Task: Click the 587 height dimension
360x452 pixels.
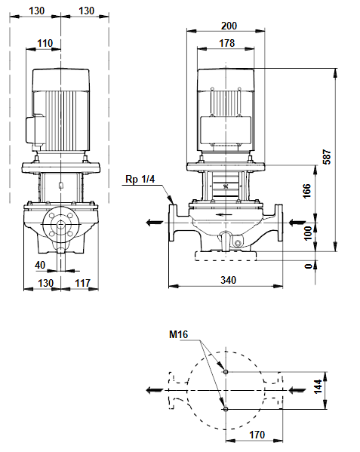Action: coord(327,157)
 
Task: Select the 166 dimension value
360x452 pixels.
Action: coord(307,191)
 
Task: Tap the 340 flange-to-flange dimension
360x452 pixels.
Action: coord(228,280)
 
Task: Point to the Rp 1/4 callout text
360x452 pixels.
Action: coord(140,179)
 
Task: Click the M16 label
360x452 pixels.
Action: coord(178,334)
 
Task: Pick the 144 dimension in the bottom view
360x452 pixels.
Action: coord(318,386)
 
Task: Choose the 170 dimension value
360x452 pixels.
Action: coord(257,435)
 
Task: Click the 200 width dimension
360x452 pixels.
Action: coord(229,26)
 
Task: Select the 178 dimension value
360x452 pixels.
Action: coord(227,43)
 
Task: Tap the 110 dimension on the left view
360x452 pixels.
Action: coord(45,43)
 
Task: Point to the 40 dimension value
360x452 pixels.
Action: coord(40,265)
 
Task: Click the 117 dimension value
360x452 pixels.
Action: coord(83,283)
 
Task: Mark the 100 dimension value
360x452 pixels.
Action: coord(308,233)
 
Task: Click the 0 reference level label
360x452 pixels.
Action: coord(309,266)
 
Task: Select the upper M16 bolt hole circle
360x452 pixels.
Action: coord(226,372)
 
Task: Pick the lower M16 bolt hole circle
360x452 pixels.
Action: coord(226,409)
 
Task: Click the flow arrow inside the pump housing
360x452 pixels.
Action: coord(224,214)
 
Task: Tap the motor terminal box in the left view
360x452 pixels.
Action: coord(35,130)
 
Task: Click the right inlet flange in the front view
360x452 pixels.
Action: coord(279,223)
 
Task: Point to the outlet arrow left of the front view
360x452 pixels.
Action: coord(155,223)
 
